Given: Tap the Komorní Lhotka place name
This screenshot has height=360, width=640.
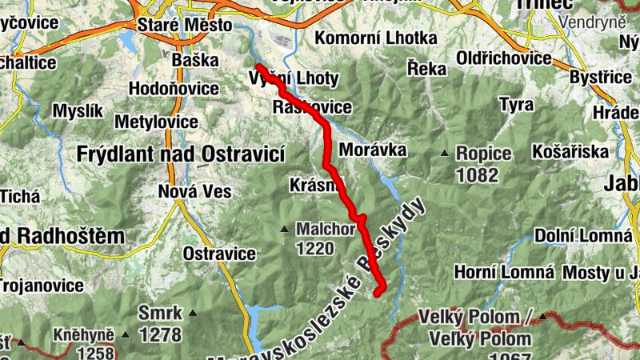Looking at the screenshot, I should [376, 38].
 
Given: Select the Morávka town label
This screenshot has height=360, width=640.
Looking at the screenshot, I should [373, 150].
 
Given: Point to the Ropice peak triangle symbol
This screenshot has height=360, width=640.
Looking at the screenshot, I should [444, 153].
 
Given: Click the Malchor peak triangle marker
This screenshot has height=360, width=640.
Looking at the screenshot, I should [284, 230].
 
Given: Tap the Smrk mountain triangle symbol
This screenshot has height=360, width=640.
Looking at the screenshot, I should [192, 313].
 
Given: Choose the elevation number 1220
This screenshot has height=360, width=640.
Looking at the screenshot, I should [314, 248].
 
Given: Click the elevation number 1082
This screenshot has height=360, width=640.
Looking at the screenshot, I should [477, 174].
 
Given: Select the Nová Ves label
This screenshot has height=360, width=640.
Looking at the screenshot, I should [194, 192].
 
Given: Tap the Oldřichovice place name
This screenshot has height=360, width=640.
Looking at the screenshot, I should [504, 58].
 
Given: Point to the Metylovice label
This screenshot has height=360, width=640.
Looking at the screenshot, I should [157, 122].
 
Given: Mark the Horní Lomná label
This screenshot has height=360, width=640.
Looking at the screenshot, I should [504, 273].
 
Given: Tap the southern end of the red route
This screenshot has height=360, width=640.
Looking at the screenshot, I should [378, 294].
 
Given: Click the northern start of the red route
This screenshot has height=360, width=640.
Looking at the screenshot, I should [258, 66].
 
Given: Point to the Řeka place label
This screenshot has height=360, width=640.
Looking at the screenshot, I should [426, 69].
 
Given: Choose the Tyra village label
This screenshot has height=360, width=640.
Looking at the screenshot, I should [516, 104].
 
